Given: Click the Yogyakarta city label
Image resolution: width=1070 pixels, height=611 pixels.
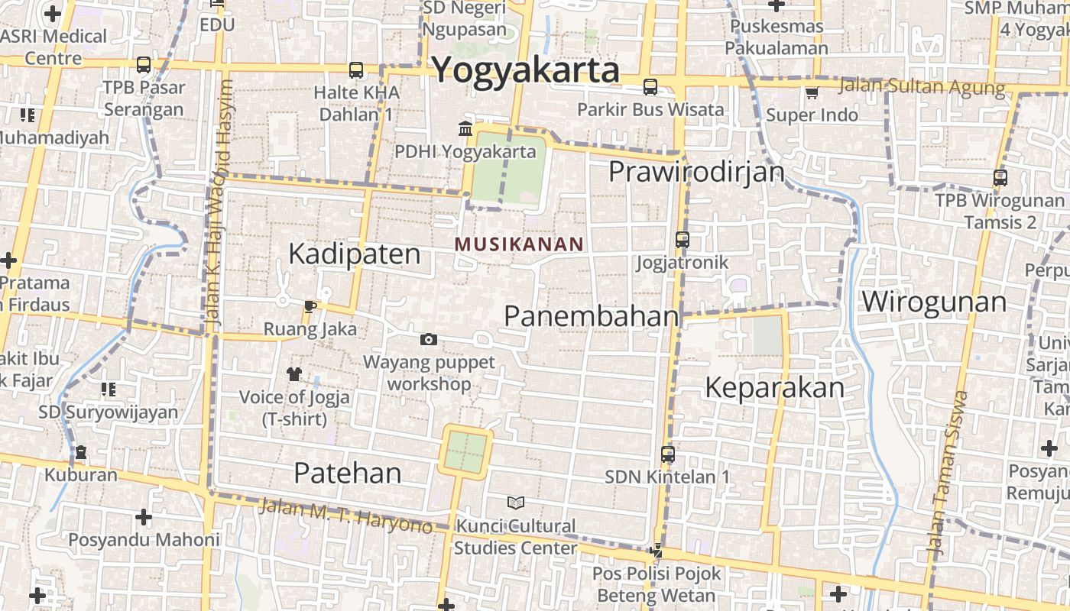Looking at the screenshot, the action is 525,70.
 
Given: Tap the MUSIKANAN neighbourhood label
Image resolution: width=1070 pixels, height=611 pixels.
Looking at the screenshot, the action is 519,244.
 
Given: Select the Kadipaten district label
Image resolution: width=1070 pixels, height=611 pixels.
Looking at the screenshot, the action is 354,254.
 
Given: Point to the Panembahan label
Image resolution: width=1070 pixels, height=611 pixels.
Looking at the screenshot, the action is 592,315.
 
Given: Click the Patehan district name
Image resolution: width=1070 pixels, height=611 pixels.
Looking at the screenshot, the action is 348,473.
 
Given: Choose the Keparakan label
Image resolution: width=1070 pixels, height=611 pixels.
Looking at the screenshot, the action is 774,387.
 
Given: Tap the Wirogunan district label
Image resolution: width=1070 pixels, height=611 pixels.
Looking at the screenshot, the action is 934,302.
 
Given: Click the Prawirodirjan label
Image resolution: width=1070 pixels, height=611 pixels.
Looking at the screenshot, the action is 696,172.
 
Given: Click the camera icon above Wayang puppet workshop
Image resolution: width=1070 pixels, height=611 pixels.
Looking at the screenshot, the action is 429,339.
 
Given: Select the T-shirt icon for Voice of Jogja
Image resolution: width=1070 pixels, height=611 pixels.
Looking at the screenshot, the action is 294,373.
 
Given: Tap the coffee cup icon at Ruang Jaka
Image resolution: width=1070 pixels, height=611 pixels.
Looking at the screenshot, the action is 309,307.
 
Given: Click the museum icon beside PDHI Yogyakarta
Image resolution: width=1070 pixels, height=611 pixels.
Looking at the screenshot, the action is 465,128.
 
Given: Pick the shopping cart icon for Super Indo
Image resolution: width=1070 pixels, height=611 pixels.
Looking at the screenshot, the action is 812,93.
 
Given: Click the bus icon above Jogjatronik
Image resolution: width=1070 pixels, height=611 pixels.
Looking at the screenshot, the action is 683,240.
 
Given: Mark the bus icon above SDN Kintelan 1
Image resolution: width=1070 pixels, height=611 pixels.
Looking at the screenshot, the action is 667,454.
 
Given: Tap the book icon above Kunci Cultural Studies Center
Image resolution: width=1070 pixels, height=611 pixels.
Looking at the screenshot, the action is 516,503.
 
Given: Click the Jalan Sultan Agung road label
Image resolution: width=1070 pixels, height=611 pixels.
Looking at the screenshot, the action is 922,86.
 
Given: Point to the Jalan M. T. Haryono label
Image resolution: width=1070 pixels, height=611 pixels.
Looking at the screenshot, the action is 345,516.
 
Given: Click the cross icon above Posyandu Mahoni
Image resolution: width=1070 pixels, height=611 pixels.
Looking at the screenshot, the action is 143,517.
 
